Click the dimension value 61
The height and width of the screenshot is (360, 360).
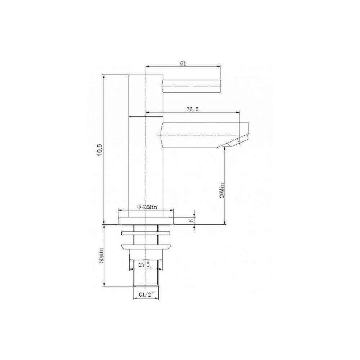tap(183, 63)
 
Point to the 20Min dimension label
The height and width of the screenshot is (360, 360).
tap(222, 190)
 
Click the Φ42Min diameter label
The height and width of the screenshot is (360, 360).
tap(147, 207)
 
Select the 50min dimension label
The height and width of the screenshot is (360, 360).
tap(101, 255)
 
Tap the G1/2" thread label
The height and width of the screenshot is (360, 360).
tap(146, 294)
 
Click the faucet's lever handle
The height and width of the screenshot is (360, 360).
tap(192, 86)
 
